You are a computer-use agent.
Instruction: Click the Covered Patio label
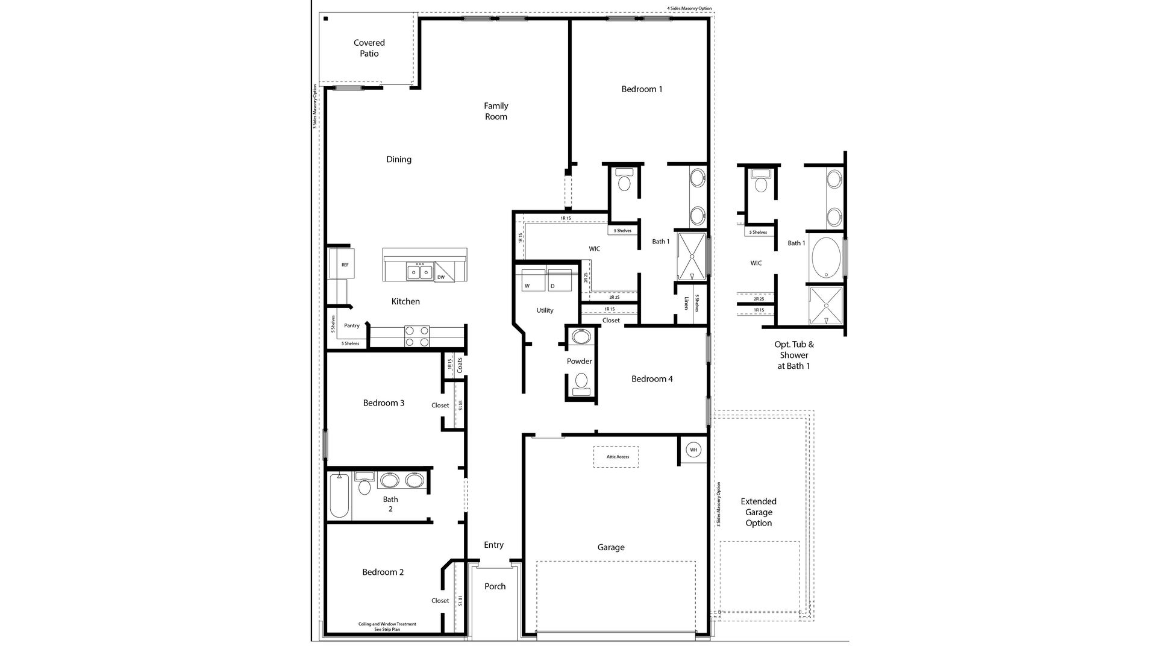point(369,48)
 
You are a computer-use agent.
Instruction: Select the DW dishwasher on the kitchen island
point(441,277)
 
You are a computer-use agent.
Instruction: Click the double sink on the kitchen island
point(419,272)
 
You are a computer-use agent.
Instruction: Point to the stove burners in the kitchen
point(416,336)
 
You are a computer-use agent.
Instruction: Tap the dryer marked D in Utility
point(559,281)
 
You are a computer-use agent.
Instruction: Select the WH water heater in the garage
point(693,450)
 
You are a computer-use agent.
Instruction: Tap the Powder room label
point(579,362)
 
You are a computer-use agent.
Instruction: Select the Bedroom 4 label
point(652,379)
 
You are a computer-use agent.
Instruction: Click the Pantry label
point(352,326)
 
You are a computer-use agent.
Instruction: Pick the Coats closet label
point(460,365)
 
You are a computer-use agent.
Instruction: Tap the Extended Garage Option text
point(758,512)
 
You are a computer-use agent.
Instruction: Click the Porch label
point(495,586)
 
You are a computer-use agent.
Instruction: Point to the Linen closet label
point(686,303)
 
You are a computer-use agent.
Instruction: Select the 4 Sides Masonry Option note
point(689,8)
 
